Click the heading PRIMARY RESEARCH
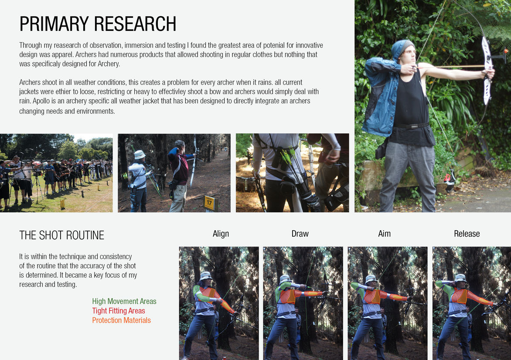coord(98,24)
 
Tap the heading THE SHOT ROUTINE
coord(61,235)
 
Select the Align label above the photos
coord(221,234)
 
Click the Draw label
coord(300,234)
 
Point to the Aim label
coord(384,234)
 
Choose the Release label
coord(467,234)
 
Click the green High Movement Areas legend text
coord(124,301)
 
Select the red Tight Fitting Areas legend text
coord(119,311)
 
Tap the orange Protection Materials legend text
coord(121,320)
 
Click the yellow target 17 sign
coord(209,203)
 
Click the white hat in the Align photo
coord(206,276)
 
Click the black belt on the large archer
coord(411,126)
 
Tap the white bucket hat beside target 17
coord(140,155)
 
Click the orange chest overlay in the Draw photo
coord(288,296)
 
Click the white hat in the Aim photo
coord(371,279)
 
